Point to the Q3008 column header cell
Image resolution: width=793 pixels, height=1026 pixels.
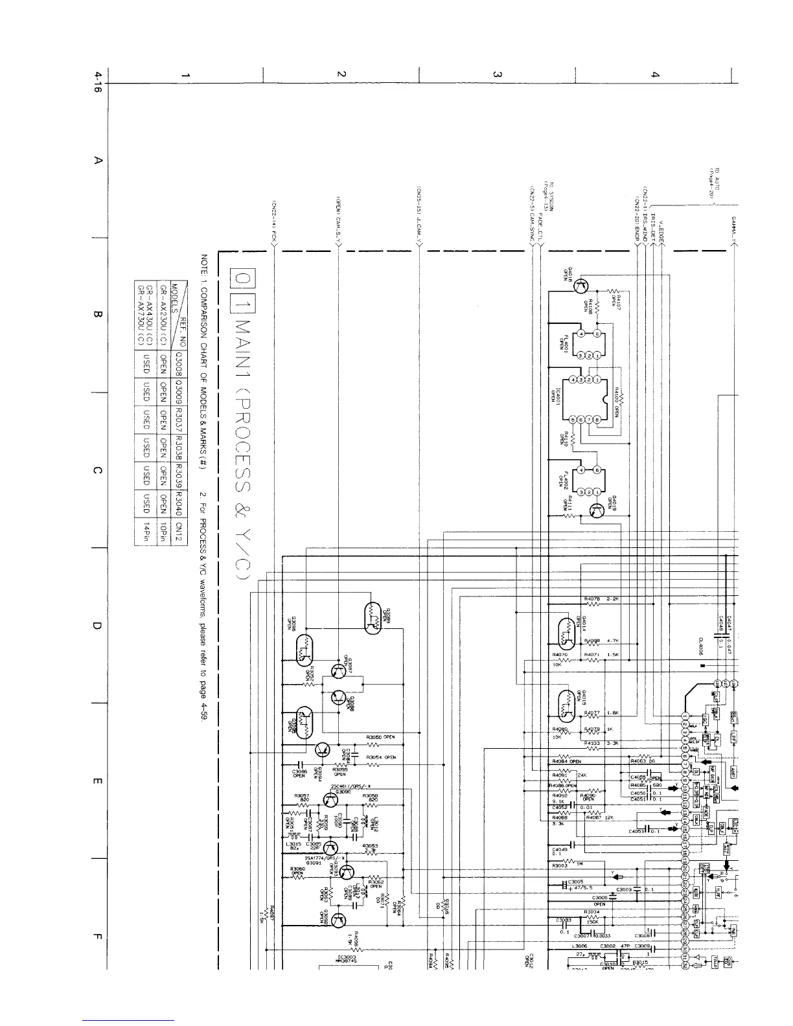tap(179, 364)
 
